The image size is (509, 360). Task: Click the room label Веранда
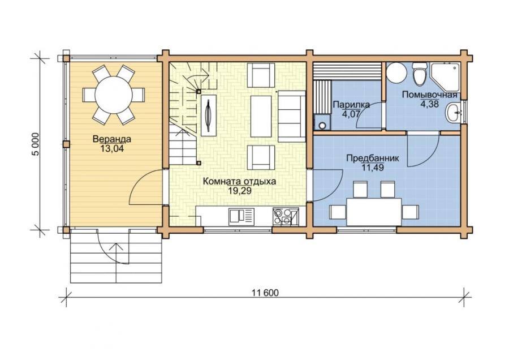(112, 139)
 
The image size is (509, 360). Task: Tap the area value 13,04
(112, 148)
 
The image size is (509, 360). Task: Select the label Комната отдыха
(240, 181)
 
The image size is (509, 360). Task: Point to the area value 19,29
(240, 191)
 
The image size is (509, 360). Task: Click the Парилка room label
(352, 105)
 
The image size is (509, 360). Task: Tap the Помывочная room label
(429, 95)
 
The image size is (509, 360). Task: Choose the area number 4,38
(429, 104)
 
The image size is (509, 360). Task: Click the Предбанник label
(373, 158)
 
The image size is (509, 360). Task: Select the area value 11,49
(373, 168)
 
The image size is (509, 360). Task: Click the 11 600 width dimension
(265, 293)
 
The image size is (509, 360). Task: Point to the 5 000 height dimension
(36, 144)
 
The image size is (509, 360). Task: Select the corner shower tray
(445, 76)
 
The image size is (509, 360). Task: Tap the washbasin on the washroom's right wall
(454, 113)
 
